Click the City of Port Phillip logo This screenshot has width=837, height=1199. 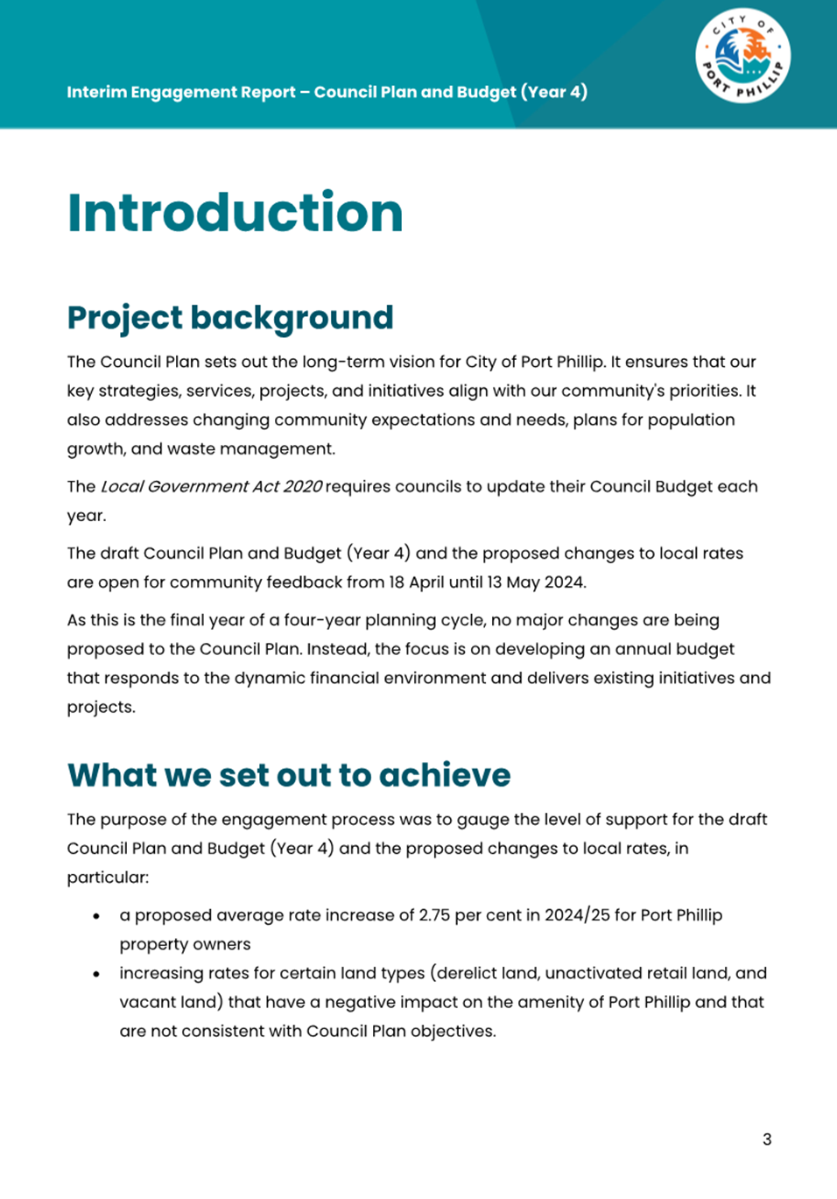tap(743, 57)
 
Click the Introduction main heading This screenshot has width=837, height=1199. tap(235, 213)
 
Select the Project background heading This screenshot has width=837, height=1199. tap(230, 318)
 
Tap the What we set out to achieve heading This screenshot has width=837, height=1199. tap(289, 775)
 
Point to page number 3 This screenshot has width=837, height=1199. tap(767, 1139)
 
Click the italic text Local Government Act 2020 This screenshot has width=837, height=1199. tap(211, 487)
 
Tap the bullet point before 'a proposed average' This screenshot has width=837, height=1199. tap(96, 916)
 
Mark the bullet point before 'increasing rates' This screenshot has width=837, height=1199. tap(96, 974)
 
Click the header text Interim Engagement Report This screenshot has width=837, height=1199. tap(180, 92)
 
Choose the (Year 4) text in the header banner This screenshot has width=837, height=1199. tap(554, 92)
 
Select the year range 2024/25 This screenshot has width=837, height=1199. tap(576, 915)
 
